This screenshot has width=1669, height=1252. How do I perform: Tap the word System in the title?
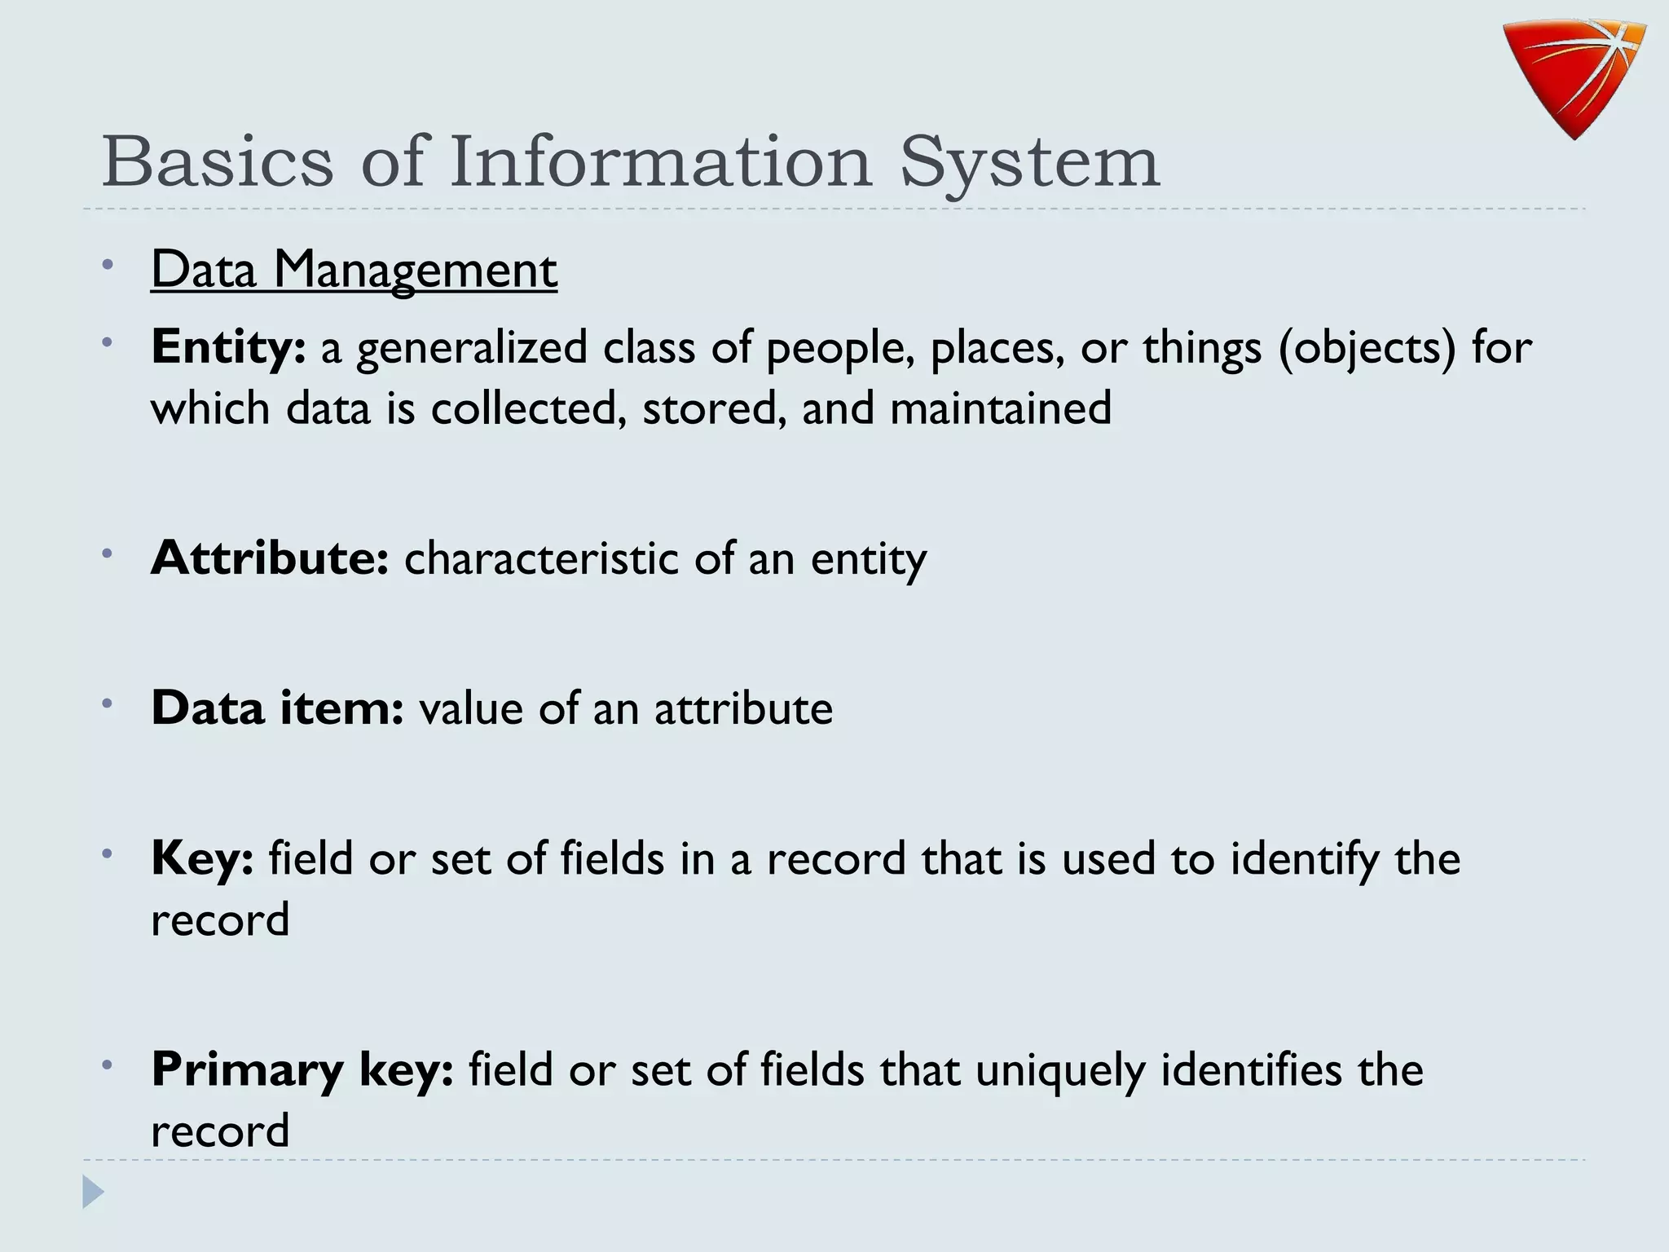pyautogui.click(x=1029, y=163)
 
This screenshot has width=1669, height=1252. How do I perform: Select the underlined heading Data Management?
pyautogui.click(x=354, y=270)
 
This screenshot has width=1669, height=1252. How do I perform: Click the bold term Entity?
pyautogui.click(x=228, y=347)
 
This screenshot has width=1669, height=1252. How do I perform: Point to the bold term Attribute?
pyautogui.click(x=270, y=558)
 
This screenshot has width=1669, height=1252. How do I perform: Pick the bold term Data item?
pyautogui.click(x=277, y=708)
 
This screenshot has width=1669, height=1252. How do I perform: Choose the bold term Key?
pyautogui.click(x=202, y=859)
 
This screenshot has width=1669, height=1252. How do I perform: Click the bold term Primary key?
pyautogui.click(x=302, y=1069)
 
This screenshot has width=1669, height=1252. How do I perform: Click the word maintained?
pyautogui.click(x=1000, y=408)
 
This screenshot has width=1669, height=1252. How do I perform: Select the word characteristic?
pyautogui.click(x=541, y=559)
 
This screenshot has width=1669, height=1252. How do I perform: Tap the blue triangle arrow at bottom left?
pyautogui.click(x=93, y=1192)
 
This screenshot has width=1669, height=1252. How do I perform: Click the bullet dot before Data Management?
pyautogui.click(x=108, y=264)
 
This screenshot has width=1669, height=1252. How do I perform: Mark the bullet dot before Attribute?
pyautogui.click(x=108, y=553)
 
